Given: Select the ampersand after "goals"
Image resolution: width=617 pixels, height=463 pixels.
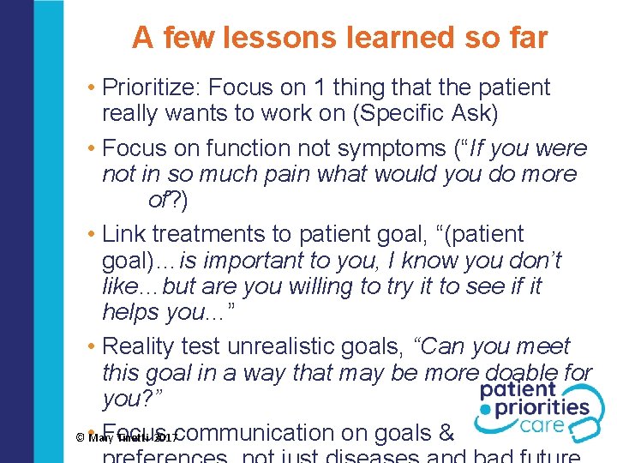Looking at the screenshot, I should tap(445, 432).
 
